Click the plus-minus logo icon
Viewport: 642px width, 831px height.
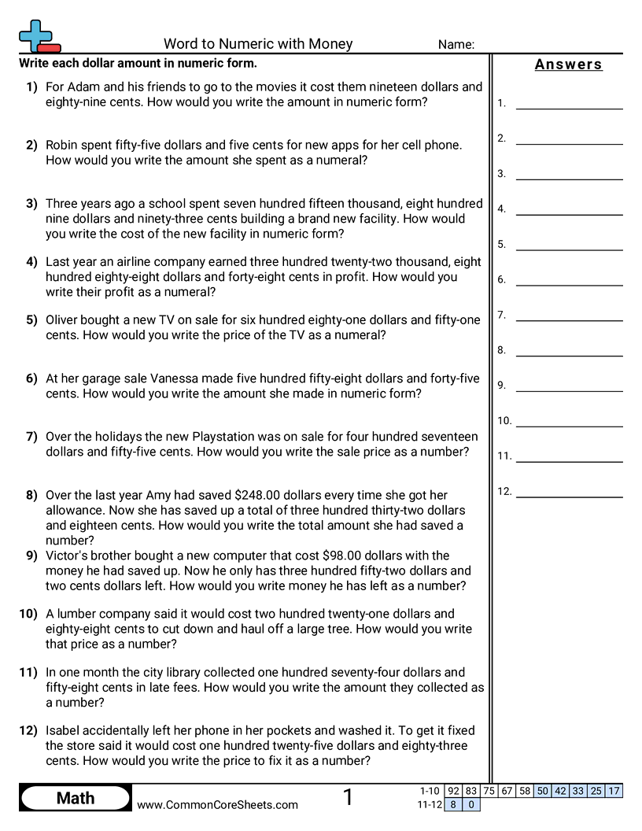39,37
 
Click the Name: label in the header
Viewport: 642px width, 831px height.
456,45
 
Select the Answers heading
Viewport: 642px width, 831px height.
568,65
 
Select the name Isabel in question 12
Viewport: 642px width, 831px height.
65,731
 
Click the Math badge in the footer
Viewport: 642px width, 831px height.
76,799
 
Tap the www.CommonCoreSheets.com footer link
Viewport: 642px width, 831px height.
217,805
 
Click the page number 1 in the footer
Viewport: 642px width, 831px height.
348,798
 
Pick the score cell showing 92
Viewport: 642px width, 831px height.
452,791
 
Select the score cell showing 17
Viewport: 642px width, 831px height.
614,791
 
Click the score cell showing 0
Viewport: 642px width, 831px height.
471,804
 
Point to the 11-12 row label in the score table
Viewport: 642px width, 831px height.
429,804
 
